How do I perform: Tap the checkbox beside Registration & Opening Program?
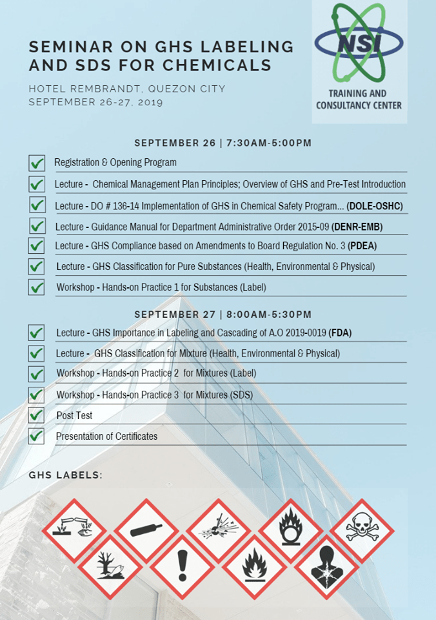click(x=37, y=163)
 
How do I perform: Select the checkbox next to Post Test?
click(x=37, y=415)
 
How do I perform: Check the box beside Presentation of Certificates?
click(x=37, y=436)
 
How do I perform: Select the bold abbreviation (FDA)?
click(x=340, y=333)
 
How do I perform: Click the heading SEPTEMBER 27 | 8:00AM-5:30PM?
click(x=223, y=315)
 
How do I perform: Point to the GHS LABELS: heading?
click(x=65, y=475)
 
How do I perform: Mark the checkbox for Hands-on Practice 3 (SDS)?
click(x=37, y=395)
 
